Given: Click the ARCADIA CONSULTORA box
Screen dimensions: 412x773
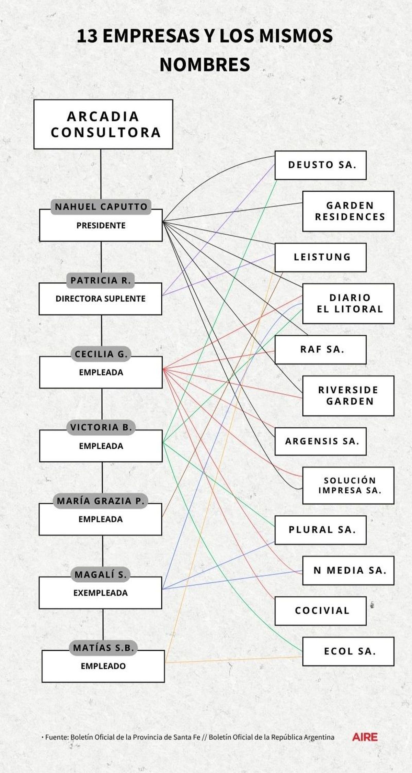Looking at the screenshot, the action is pos(103,124).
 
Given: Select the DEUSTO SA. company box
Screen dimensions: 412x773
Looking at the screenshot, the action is pos(321,165).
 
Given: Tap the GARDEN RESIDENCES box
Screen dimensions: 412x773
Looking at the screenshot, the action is pos(348,211).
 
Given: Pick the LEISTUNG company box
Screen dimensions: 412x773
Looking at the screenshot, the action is pos(321,257).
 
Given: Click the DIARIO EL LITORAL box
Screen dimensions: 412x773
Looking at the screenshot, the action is pos(348,303).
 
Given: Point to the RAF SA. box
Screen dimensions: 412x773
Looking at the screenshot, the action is pos(321,349).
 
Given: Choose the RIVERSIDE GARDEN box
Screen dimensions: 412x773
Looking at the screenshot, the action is pos(348,396).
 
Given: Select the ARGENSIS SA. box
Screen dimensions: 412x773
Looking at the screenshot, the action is pos(321,441).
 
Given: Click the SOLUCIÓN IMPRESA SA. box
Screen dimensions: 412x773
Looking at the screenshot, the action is pos(348,485).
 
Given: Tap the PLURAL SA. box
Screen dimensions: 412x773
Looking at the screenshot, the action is pos(321,530).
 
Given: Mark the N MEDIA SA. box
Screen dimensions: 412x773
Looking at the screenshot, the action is pos(348,571).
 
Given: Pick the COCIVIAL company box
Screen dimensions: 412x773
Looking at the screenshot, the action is pos(321,611).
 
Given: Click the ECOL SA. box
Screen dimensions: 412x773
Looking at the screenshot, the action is pos(348,651).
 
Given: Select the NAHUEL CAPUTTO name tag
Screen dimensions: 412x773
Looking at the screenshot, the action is pos(101,207).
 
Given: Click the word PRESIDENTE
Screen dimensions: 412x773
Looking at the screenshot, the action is pos(101,226).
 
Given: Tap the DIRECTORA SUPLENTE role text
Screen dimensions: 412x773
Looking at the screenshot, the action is pos(101,299).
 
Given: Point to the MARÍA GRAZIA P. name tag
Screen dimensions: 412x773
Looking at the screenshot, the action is pos(101,501).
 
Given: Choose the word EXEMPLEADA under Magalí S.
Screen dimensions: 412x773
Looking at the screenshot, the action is pos(101,593).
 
